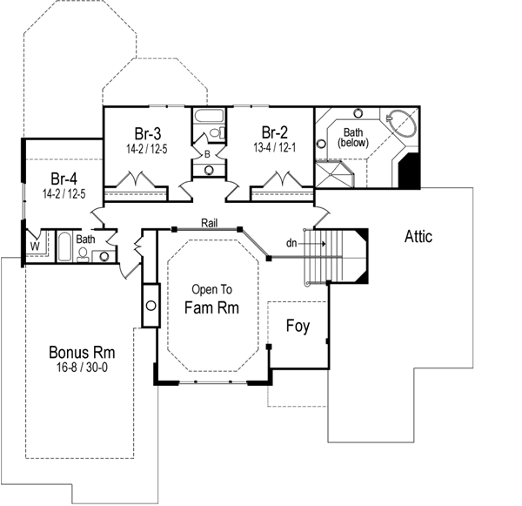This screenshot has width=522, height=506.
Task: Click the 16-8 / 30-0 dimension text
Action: [x=82, y=368]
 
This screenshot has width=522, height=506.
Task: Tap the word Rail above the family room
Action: [x=209, y=223]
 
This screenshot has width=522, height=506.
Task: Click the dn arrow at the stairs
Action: [x=306, y=243]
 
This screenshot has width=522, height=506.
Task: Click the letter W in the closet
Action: [x=35, y=245]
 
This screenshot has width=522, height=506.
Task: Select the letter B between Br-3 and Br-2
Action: [x=208, y=154]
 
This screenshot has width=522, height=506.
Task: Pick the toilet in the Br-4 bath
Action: [x=83, y=253]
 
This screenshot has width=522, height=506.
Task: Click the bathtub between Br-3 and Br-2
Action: [x=209, y=118]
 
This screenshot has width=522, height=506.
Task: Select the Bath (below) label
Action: [x=353, y=137]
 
